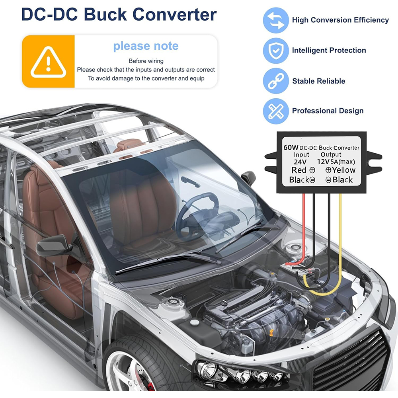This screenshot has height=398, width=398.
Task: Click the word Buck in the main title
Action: [x=105, y=14]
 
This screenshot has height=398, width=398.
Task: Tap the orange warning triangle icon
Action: [x=48, y=62]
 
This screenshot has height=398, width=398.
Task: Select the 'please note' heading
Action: [x=146, y=46]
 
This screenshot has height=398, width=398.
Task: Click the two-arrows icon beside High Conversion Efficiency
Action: [x=276, y=20]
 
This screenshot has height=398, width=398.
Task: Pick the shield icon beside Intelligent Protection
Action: [x=276, y=51]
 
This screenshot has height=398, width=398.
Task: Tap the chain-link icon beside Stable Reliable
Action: [x=276, y=81]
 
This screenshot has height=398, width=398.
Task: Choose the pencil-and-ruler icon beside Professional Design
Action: [x=276, y=111]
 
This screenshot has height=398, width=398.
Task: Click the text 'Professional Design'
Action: [x=328, y=111]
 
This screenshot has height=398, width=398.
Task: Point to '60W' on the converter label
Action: [x=291, y=148]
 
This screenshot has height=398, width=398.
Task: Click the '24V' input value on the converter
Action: [x=300, y=162]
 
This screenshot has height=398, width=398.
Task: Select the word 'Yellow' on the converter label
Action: [x=344, y=170]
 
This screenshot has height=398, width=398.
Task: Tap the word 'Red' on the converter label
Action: [x=299, y=170]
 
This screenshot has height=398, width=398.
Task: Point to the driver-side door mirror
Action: [x=53, y=246]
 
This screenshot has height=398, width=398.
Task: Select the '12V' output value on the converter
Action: [x=323, y=162]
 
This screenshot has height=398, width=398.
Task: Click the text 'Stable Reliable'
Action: [x=318, y=81]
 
